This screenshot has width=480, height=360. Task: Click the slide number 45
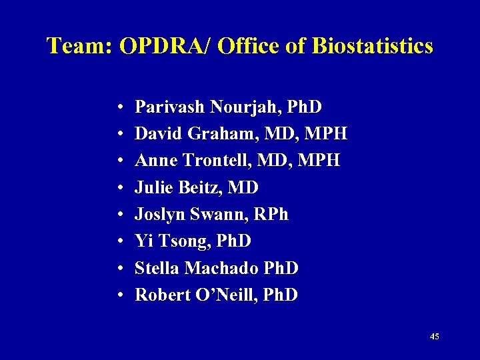[435, 337]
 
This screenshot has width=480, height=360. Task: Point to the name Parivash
[169, 107]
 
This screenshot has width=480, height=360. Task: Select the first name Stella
[157, 268]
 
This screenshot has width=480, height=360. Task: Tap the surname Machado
[219, 268]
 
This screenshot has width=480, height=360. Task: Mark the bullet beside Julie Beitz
[117, 188]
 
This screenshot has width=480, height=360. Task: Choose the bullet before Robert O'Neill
[117, 295]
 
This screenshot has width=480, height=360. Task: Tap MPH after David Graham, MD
[325, 133]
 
